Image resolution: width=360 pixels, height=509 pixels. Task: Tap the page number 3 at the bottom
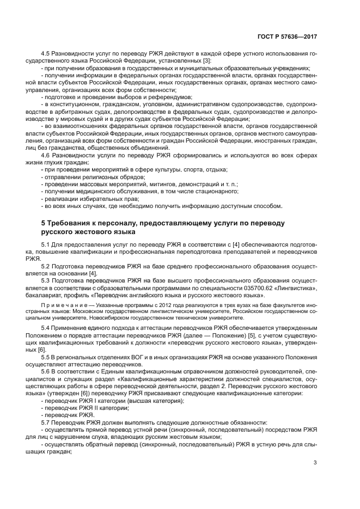point(315,463)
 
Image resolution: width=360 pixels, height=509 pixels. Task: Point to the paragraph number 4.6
point(46,156)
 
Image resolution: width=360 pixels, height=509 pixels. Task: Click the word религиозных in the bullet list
point(98,177)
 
